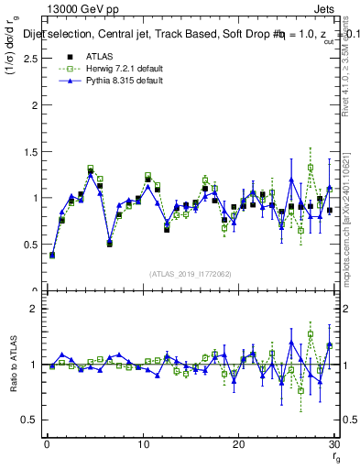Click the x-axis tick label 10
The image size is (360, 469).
tap(143, 444)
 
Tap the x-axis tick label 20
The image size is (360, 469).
tap(238, 444)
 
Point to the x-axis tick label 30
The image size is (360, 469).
tap(333, 444)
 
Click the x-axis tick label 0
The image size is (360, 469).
tap(47, 444)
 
